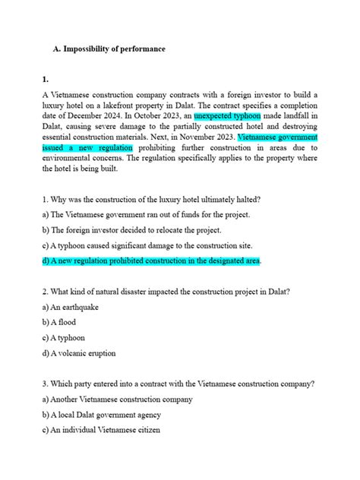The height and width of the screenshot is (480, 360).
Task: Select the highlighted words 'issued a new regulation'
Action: (x=88, y=147)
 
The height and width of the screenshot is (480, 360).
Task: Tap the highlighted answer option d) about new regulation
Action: (x=152, y=261)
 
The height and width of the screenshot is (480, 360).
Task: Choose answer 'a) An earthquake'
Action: (x=71, y=307)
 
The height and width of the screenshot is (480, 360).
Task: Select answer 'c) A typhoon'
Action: (x=64, y=337)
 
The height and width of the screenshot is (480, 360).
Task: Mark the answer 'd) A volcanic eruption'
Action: (x=82, y=352)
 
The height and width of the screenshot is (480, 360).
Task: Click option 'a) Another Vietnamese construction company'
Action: (x=118, y=399)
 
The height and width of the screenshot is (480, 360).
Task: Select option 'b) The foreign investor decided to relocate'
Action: (x=131, y=230)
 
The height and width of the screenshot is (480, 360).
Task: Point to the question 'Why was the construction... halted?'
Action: (x=152, y=199)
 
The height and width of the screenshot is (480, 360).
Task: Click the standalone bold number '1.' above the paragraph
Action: (x=46, y=78)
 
